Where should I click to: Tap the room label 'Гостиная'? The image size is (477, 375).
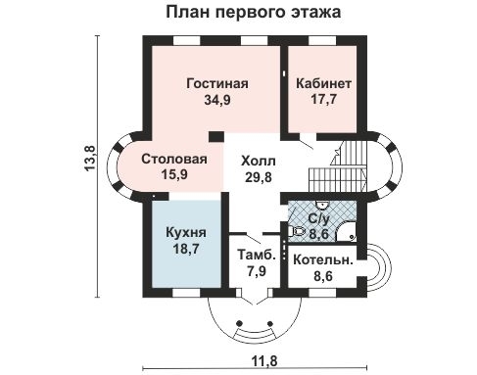coord(216,83)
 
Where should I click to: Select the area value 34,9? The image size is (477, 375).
coord(216,100)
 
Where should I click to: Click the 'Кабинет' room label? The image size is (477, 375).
coord(323,83)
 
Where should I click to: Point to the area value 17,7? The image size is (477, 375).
coord(323,100)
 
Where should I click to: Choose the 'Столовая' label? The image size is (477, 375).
coord(173,159)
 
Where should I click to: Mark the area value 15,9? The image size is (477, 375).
coord(173,174)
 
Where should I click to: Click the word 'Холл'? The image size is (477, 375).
coord(259,161)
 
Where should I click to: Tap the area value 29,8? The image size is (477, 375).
coord(259,177)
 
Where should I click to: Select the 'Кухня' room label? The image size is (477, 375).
coord(186,234)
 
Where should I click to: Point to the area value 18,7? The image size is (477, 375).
coord(186,251)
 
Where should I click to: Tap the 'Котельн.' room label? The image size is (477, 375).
coord(323,259)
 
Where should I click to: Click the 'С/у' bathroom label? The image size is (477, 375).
coord(318,218)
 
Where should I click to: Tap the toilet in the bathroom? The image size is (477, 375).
coord(297,232)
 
